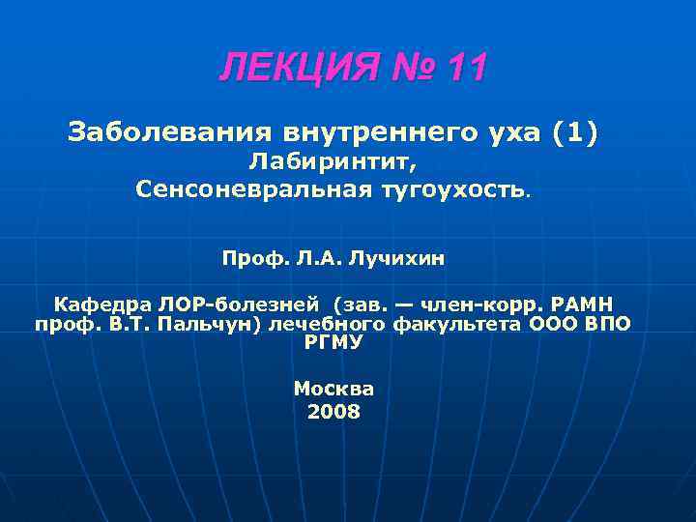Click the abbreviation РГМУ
click(333, 341)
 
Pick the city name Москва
click(333, 388)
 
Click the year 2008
click(333, 412)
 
